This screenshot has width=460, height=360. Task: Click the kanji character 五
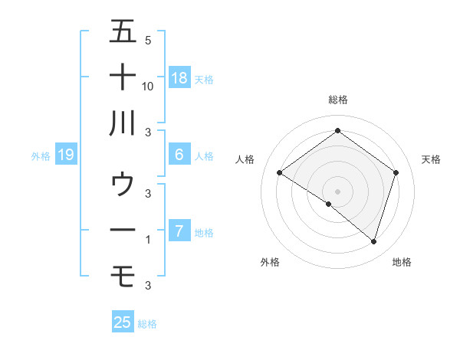[x=123, y=31]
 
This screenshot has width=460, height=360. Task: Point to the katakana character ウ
[x=123, y=184]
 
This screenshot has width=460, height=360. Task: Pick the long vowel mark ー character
[x=123, y=230]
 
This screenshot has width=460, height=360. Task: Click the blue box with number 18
[x=179, y=77]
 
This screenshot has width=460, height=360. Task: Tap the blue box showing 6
[x=179, y=155]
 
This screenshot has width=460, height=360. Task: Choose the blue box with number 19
[x=65, y=155]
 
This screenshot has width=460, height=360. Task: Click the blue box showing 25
[x=123, y=322]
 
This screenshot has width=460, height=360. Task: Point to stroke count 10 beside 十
[x=148, y=86]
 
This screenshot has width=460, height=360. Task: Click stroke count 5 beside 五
[x=147, y=40]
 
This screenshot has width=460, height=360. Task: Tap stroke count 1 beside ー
[x=147, y=240]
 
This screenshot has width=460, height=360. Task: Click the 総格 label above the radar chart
[x=337, y=100]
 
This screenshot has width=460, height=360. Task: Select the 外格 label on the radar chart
[x=270, y=262]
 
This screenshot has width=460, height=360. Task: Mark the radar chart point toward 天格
[x=396, y=172]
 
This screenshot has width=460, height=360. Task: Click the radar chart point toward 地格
[x=373, y=241]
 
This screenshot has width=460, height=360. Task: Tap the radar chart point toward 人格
[x=280, y=172]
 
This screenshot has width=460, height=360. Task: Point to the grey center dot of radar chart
[x=337, y=191]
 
